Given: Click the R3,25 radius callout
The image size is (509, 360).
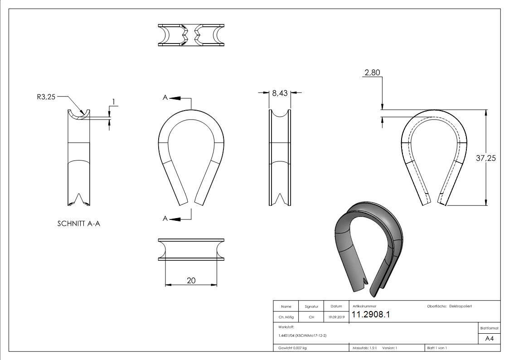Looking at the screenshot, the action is (x=46, y=97).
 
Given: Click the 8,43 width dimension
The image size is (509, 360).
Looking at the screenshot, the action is (x=280, y=93).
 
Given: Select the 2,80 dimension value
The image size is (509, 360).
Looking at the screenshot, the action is (x=372, y=73).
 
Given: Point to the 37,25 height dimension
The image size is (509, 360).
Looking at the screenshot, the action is (x=486, y=158).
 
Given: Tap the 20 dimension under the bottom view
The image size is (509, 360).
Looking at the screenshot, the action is (x=191, y=281).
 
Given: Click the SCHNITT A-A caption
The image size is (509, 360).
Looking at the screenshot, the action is (x=78, y=224).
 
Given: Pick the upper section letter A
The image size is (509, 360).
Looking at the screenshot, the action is (x=165, y=97).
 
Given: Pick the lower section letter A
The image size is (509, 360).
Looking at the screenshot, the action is (x=165, y=219).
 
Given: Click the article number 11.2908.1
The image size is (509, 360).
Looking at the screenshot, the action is (x=371, y=314).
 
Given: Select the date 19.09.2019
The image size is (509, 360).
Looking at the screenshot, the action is (x=336, y=317).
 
